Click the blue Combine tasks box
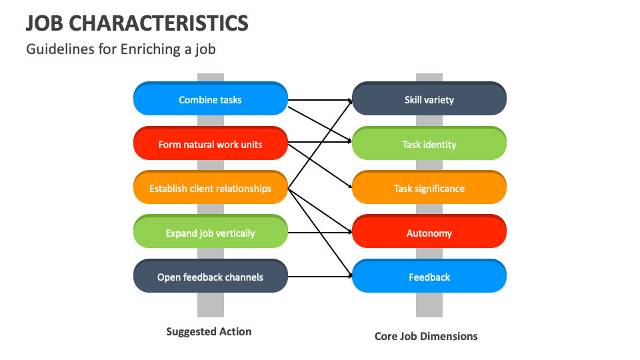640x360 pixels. tap(210, 99)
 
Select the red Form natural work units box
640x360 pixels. tap(210, 144)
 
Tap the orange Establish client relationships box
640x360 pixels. tap(210, 189)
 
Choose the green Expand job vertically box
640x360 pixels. tap(210, 233)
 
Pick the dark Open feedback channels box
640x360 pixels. tap(210, 277)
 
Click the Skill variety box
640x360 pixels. tap(429, 99)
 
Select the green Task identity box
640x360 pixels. tap(429, 144)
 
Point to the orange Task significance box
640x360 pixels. tap(429, 189)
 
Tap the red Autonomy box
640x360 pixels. tap(429, 233)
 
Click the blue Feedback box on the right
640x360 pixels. tap(429, 277)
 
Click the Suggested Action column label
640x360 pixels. tap(209, 331)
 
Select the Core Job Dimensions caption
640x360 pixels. tap(426, 336)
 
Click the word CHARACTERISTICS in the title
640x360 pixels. tap(159, 23)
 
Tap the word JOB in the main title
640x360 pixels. tap(45, 23)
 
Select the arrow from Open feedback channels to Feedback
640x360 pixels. tap(320, 276)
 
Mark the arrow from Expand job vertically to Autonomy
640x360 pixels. tap(320, 233)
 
